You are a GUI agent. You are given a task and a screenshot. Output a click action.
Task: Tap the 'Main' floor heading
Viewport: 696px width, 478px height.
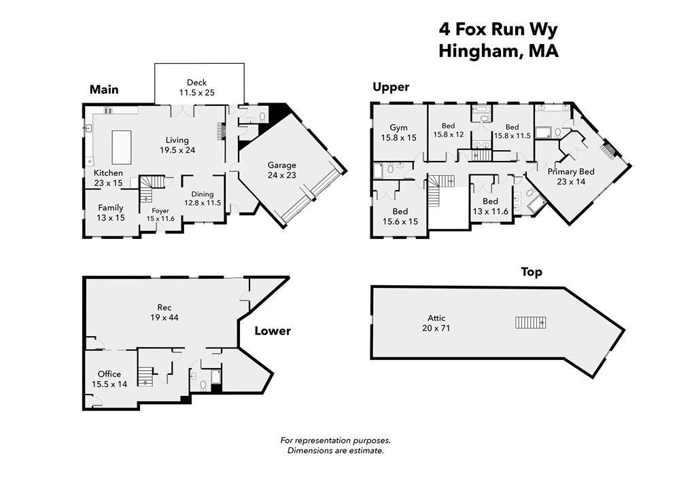pyautogui.click(x=104, y=90)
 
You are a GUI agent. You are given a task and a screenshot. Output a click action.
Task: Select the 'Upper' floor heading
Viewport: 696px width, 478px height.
pyautogui.click(x=391, y=87)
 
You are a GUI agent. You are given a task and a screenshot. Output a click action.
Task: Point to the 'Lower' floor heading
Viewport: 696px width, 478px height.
pyautogui.click(x=273, y=331)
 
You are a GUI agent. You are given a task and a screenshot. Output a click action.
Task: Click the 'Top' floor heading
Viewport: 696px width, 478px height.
pyautogui.click(x=532, y=272)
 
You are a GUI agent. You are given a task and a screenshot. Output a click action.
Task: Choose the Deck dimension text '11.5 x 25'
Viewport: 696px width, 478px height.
pyautogui.click(x=197, y=92)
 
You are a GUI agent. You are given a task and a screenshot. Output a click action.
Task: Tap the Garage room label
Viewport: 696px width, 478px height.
pyautogui.click(x=281, y=165)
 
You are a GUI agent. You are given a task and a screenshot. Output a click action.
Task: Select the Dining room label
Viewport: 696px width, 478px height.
pyautogui.click(x=202, y=194)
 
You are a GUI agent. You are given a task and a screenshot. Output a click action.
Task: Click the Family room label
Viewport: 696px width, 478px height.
pyautogui.click(x=110, y=208)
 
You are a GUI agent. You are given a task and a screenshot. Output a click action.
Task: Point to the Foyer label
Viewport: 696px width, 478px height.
pyautogui.click(x=160, y=210)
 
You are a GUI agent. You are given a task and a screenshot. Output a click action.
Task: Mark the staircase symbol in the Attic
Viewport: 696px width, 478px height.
pyautogui.click(x=530, y=322)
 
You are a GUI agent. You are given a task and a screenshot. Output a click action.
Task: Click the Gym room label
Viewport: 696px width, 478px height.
pyautogui.click(x=398, y=128)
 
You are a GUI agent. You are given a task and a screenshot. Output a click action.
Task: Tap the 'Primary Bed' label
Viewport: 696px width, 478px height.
pyautogui.click(x=571, y=172)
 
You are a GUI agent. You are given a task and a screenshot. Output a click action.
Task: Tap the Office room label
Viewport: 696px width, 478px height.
pyautogui.click(x=109, y=374)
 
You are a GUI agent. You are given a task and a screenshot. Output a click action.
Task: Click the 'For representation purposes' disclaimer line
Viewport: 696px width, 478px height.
pyautogui.click(x=336, y=441)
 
